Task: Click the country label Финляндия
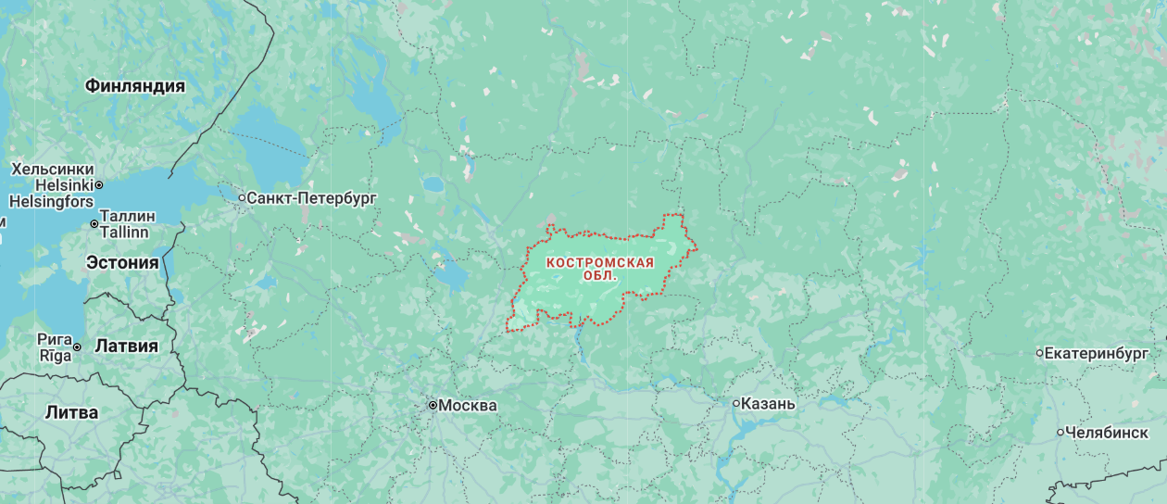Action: click(134, 86)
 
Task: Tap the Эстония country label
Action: click(122, 262)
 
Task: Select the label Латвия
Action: click(127, 346)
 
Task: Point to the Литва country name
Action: click(71, 413)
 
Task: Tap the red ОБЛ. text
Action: click(600, 276)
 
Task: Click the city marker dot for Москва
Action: click(433, 405)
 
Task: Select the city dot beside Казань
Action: click(736, 404)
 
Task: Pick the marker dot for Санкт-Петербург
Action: click(242, 197)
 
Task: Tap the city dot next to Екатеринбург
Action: click(1039, 353)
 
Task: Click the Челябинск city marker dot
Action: click(1060, 432)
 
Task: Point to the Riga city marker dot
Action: click(77, 347)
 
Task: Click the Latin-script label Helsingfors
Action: click(51, 201)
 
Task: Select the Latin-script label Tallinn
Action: click(124, 232)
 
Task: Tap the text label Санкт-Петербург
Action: click(312, 197)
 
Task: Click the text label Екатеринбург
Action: click(1097, 353)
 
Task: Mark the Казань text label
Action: click(769, 404)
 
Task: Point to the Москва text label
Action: click(467, 405)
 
